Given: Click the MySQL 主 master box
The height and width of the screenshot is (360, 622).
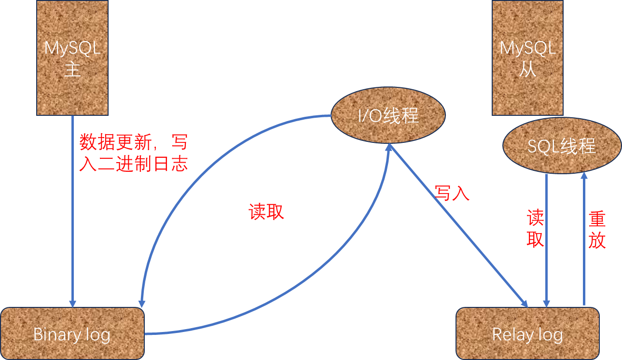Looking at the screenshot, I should [72, 57].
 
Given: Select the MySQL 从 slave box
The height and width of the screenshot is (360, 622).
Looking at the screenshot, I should [527, 57].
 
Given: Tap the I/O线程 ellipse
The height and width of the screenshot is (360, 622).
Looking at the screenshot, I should [387, 116].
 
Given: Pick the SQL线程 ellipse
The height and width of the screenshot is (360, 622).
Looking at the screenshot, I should [561, 146].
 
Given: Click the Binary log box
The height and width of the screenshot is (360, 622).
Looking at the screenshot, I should [72, 333].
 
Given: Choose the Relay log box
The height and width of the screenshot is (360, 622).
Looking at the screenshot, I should [527, 333].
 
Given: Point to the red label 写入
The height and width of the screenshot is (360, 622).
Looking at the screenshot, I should [452, 193].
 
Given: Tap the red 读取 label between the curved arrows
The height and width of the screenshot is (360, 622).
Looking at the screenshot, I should [266, 211].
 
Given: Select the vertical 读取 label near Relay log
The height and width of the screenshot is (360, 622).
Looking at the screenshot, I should [535, 229].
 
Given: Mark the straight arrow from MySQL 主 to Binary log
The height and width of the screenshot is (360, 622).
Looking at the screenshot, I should [72, 217].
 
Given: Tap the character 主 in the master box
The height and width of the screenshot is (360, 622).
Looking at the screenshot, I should [72, 70].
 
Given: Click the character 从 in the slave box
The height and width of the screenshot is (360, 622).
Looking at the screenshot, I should [527, 70].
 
